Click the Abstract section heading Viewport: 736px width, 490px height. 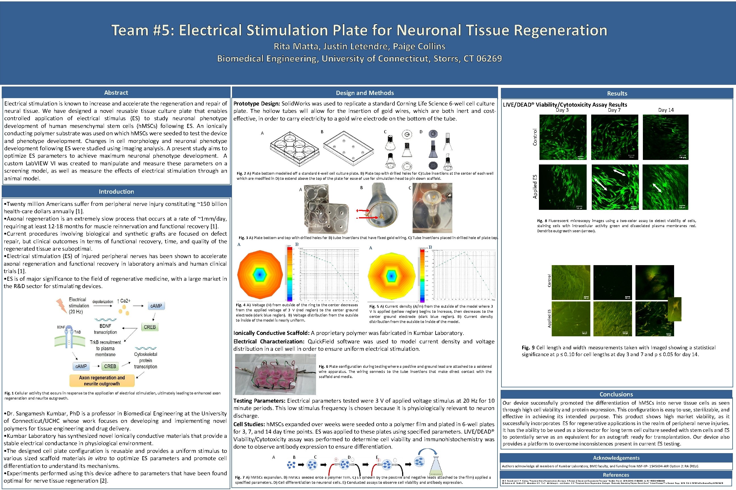point(116,92)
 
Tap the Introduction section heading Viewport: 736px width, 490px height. point(116,192)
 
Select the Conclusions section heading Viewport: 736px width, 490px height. point(616,394)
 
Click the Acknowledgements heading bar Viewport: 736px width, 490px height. point(616,458)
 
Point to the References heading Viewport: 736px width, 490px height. point(616,475)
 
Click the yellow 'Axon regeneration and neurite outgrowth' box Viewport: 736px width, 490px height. point(102,381)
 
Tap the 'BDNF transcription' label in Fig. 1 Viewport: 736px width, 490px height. point(105,329)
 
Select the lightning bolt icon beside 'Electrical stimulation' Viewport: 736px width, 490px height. point(61,305)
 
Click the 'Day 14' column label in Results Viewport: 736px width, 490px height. point(666,110)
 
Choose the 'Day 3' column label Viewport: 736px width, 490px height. point(562,110)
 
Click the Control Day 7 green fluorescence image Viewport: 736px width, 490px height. point(614,137)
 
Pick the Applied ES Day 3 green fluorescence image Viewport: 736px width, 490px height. point(562,187)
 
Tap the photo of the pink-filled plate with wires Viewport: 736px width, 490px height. point(275,374)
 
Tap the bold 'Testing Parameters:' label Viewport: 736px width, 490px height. point(259,401)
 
